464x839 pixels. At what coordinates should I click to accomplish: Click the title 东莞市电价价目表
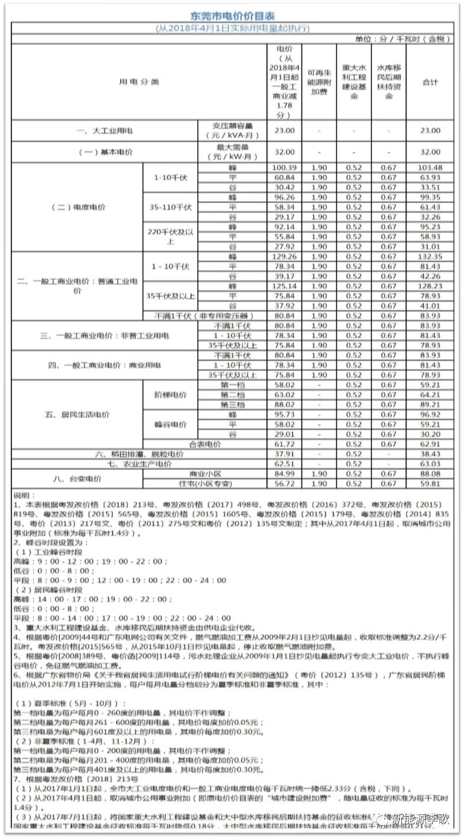pos(232,16)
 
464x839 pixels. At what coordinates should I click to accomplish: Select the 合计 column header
pos(430,82)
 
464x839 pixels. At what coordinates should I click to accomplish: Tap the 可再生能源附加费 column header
pos(319,82)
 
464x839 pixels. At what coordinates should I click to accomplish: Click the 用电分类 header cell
pos(139,82)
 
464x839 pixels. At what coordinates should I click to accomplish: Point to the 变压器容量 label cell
pos(232,130)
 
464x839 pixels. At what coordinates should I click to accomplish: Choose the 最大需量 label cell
pos(232,152)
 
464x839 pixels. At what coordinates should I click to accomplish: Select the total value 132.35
pos(430,256)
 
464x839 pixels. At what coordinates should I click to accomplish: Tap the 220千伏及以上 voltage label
pos(170,236)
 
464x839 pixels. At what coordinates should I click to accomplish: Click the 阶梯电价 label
pos(170,395)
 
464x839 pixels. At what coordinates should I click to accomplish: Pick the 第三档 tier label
pos(232,405)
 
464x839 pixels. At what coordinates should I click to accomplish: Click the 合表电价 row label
pos(205,444)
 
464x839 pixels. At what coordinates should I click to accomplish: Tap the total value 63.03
pos(430,464)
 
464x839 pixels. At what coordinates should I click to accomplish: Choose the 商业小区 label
pos(205,474)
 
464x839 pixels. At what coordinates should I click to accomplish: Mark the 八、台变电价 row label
pos(77,479)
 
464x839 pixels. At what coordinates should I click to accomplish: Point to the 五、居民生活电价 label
pos(77,414)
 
